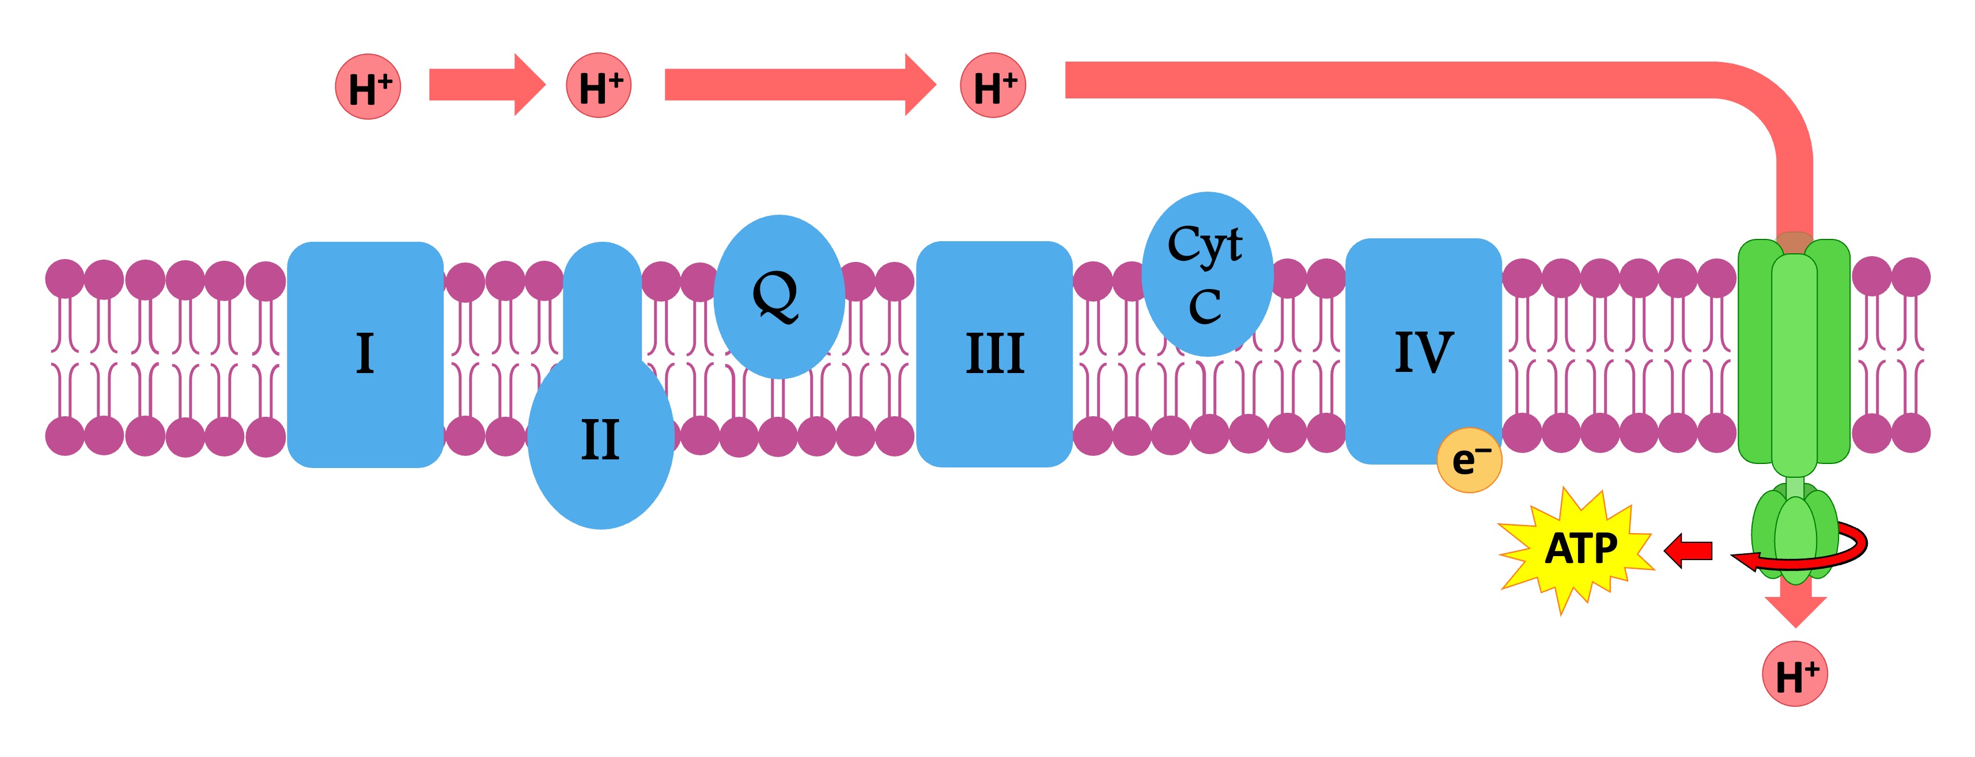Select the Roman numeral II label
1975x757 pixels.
600,440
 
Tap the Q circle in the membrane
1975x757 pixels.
778,296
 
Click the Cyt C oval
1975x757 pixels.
1207,273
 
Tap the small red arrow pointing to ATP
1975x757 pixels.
1689,550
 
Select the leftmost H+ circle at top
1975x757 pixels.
368,86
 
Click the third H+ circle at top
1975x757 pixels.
993,85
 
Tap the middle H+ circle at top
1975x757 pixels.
599,85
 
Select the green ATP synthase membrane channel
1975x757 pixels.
1794,352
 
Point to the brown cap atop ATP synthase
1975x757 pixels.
1795,243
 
